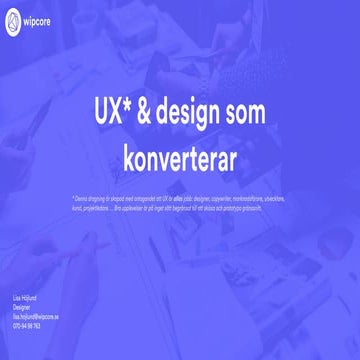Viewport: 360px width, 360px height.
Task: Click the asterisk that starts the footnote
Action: pos(73,197)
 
